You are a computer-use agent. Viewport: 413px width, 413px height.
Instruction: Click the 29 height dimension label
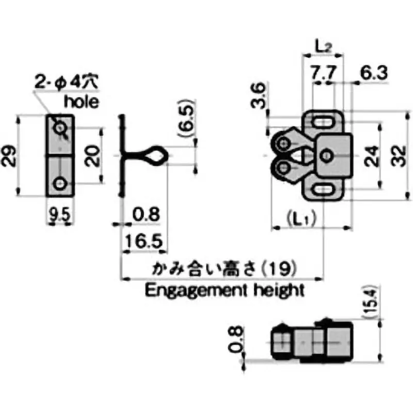click(x=8, y=156)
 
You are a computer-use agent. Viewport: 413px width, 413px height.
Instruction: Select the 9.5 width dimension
click(x=60, y=214)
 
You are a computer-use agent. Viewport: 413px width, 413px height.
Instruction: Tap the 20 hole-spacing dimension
click(x=92, y=156)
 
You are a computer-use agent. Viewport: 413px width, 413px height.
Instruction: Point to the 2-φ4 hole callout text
click(x=67, y=82)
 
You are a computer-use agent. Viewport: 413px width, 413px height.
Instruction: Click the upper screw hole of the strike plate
click(x=60, y=128)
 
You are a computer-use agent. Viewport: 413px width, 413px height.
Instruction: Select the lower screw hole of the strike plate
click(x=60, y=183)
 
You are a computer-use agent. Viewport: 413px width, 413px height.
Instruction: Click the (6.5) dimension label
click(x=187, y=118)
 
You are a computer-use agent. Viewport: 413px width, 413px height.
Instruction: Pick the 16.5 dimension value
click(x=144, y=241)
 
